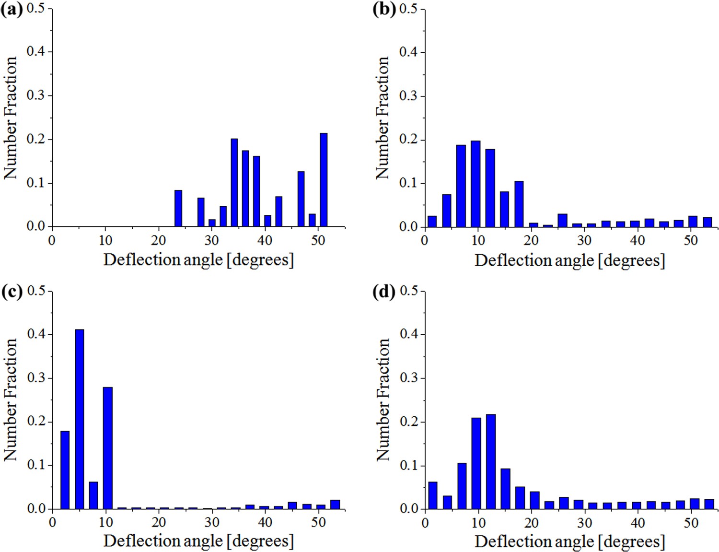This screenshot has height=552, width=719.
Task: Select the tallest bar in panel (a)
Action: [324, 180]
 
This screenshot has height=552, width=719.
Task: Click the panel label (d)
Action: [384, 292]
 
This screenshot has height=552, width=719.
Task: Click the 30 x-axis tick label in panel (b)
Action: [584, 240]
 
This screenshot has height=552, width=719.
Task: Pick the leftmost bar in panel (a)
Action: [178, 208]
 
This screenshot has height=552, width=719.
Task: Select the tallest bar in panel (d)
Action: [490, 461]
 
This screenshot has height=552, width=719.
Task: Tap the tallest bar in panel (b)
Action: [475, 184]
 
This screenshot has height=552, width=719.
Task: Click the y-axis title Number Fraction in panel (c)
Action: [11, 399]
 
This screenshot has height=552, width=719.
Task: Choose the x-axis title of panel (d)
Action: [569, 541]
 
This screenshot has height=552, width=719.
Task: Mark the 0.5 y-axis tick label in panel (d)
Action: [409, 291]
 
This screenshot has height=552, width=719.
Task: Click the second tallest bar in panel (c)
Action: [108, 448]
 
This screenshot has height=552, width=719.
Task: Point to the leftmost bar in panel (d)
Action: [432, 495]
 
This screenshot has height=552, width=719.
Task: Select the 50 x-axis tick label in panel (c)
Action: [318, 522]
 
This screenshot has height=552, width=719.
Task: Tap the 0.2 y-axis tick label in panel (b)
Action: [409, 140]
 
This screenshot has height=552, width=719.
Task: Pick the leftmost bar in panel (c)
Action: [65, 470]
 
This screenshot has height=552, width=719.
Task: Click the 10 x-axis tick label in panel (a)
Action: [105, 240]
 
